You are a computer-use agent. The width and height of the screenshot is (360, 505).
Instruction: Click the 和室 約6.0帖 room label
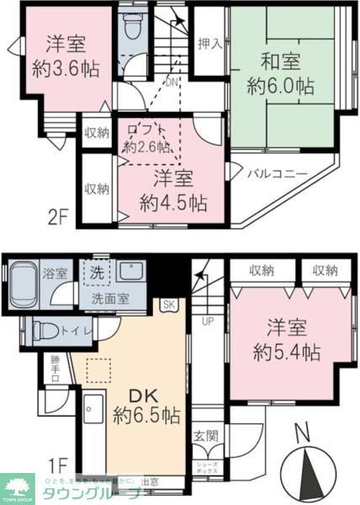(281, 74)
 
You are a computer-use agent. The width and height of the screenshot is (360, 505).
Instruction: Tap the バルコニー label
(277, 174)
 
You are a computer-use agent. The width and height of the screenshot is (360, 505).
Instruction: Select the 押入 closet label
(209, 44)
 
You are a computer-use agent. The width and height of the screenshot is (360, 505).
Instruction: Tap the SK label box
(169, 304)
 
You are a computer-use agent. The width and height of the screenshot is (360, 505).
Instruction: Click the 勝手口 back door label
(55, 368)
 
